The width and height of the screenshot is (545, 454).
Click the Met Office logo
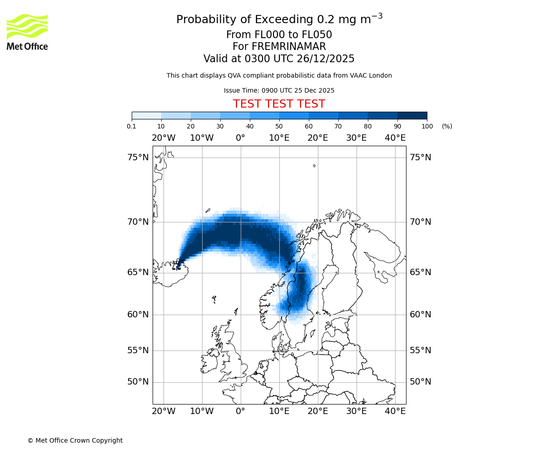coord(27,32)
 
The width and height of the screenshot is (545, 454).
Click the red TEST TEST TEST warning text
coord(279,104)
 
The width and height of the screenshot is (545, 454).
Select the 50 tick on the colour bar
coord(279,126)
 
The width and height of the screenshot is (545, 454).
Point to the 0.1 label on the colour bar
coord(132,126)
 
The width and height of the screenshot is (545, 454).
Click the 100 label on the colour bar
coord(427,126)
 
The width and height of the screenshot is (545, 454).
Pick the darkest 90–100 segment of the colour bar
coord(412,115)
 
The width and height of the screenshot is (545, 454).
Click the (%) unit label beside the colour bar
coord(447,126)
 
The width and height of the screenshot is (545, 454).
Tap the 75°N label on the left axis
coord(138,158)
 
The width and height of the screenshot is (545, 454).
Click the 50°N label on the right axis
coord(421,382)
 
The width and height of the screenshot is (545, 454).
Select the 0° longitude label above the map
coord(240,138)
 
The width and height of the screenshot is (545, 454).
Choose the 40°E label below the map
coord(395,411)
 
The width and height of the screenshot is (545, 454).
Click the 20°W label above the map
coord(163,138)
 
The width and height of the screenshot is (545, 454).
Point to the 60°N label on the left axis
coord(138,314)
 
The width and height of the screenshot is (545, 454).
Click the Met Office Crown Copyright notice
coord(75,440)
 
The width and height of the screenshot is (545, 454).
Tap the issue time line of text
coord(279,90)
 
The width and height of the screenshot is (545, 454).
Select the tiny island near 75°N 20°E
coord(314,166)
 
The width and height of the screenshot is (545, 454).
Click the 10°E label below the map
coord(279,411)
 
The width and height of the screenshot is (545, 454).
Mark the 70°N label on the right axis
coord(421,222)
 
